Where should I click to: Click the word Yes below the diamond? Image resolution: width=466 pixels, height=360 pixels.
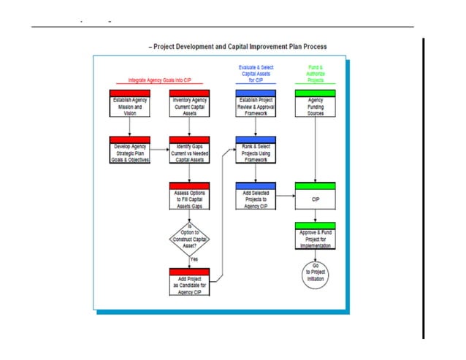pyautogui.click(x=194, y=258)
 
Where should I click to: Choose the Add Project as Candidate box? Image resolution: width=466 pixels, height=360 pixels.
pyautogui.click(x=189, y=282)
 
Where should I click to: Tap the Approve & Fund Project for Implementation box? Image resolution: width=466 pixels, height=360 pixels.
pyautogui.click(x=315, y=238)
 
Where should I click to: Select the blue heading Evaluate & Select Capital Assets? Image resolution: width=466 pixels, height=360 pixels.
pyautogui.click(x=256, y=73)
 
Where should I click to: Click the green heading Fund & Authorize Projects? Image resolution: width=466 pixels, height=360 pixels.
pyautogui.click(x=315, y=73)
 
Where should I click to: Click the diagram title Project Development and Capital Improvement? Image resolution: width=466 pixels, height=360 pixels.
pyautogui.click(x=238, y=46)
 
